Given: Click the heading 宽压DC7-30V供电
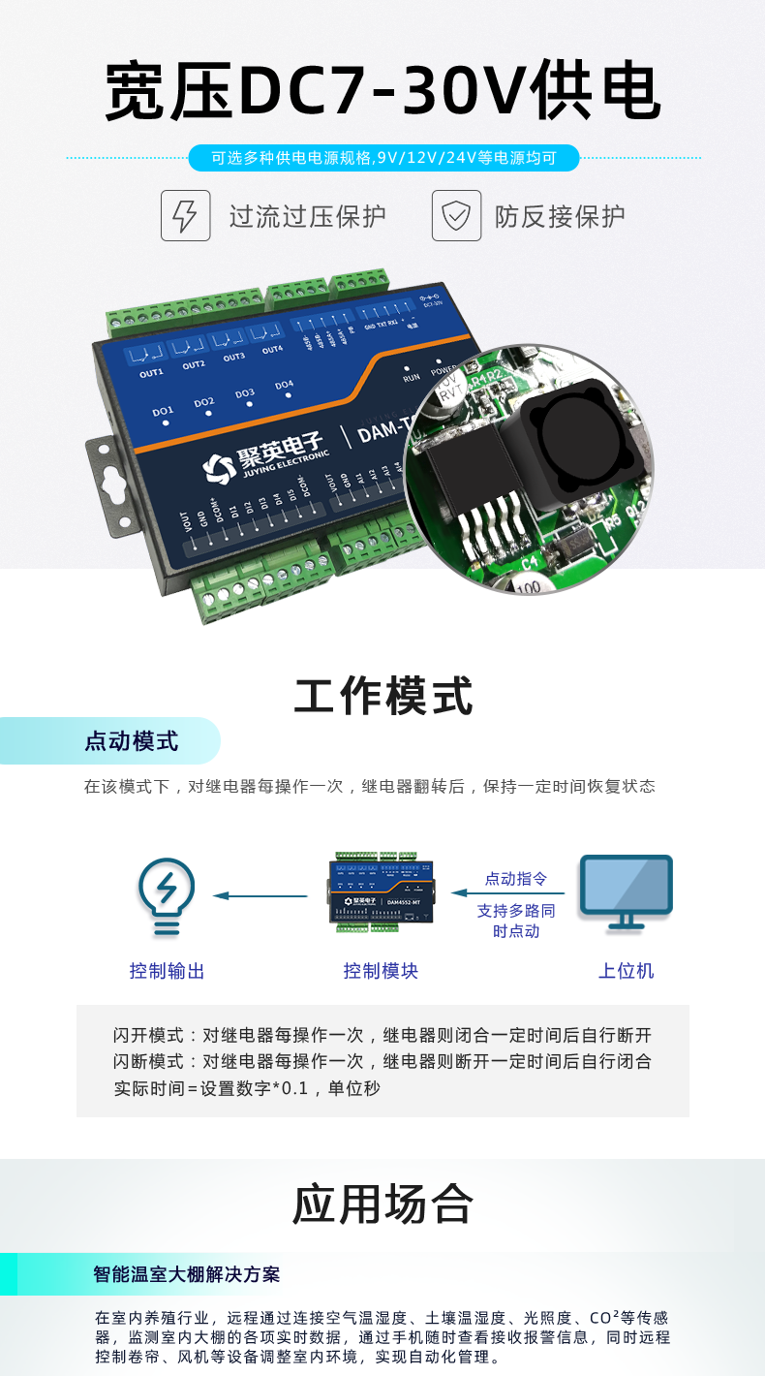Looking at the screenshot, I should (x=382, y=92).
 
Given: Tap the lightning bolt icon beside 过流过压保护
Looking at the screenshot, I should (x=185, y=215).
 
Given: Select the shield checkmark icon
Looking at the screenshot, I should (x=456, y=215).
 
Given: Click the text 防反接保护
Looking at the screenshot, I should (x=560, y=216).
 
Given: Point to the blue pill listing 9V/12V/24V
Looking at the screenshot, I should (x=383, y=158).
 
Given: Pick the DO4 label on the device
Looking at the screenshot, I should (x=284, y=386).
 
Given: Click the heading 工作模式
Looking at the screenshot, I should (x=383, y=696).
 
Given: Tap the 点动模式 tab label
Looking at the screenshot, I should (x=132, y=741).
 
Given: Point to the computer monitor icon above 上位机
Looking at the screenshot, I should (x=626, y=892).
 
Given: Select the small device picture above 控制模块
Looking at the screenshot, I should (x=381, y=892).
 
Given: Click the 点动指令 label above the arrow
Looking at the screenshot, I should (x=516, y=879).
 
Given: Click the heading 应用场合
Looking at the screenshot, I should (x=383, y=1204).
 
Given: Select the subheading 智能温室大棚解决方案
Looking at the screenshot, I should (x=187, y=1274).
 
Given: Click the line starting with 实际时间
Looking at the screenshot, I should (x=247, y=1088).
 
